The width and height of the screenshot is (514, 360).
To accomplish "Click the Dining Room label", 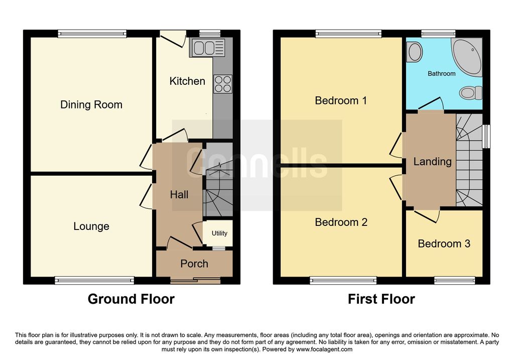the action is click(x=91, y=104).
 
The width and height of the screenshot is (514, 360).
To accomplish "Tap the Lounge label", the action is click(x=91, y=226).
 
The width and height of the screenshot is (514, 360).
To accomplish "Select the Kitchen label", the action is click(x=187, y=81).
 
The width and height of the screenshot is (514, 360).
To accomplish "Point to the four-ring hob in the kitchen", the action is click(x=223, y=84).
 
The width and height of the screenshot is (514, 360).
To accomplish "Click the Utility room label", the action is click(x=219, y=233).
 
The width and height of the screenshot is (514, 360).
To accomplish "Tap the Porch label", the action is click(x=194, y=264).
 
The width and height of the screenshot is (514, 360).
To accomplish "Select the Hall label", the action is click(x=179, y=195).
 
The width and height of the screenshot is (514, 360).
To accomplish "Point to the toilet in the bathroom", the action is click(x=471, y=93).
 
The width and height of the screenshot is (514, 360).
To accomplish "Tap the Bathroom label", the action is click(x=442, y=74).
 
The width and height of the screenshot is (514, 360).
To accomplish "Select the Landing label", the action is click(x=432, y=161).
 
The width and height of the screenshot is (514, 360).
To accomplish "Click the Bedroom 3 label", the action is click(x=444, y=244).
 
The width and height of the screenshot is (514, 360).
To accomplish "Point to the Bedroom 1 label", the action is click(x=341, y=100).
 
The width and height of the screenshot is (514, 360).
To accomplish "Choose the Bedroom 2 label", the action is click(x=341, y=222).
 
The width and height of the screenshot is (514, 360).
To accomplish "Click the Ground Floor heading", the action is click(x=131, y=299).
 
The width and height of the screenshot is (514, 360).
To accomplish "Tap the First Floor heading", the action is click(x=381, y=299).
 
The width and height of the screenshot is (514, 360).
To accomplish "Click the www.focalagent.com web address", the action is click(x=324, y=349).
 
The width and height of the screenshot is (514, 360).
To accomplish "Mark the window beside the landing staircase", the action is click(x=487, y=137).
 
